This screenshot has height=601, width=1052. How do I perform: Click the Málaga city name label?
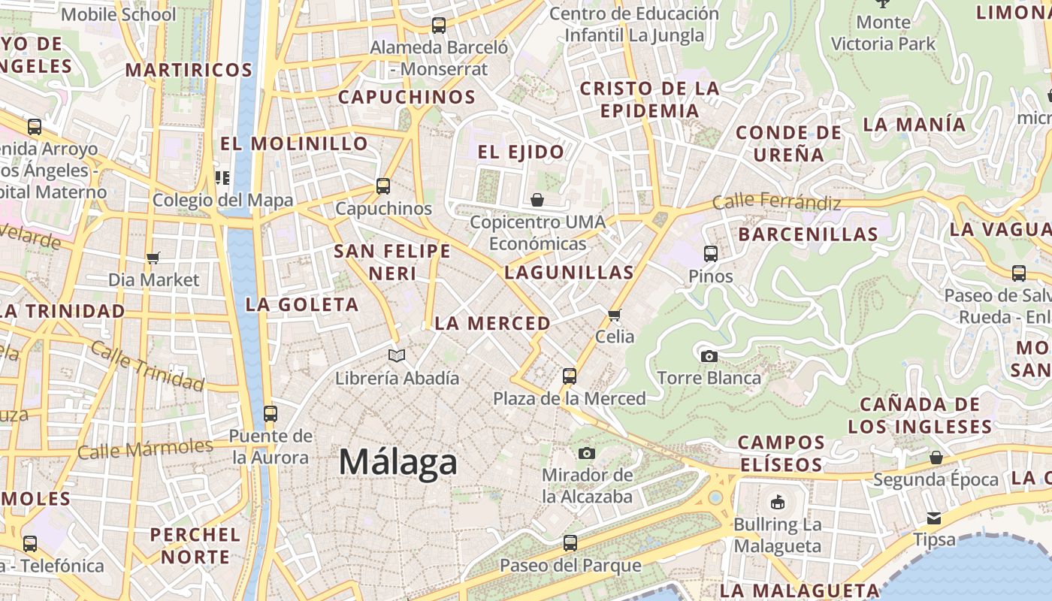(398, 461)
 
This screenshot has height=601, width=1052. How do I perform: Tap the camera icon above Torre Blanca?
(709, 356)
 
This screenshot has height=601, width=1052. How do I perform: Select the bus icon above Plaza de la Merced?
(570, 376)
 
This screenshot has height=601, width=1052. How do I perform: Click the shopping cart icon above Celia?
(615, 315)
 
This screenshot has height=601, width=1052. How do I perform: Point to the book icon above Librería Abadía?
(397, 355)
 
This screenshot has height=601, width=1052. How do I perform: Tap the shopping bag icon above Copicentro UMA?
(537, 200)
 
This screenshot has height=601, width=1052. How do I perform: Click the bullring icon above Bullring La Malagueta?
(777, 502)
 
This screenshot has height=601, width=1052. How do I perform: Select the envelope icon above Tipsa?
(934, 518)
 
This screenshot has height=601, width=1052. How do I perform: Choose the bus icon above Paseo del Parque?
(570, 542)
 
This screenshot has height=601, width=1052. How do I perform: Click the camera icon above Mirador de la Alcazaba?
(587, 453)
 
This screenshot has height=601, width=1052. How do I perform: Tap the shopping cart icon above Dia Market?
(153, 258)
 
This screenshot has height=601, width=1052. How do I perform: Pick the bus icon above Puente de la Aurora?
(271, 413)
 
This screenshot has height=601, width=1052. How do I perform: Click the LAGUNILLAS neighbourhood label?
(569, 272)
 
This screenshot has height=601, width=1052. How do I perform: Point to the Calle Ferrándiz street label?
(776, 201)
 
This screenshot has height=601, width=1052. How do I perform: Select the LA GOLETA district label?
(302, 304)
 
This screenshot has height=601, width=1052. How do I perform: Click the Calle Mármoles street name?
(145, 449)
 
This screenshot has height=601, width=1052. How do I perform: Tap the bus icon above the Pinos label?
(711, 254)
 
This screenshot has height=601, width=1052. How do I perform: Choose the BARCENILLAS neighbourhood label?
(808, 234)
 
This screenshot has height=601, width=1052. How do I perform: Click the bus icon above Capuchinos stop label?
(383, 186)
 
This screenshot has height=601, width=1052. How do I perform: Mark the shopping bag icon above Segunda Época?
(936, 458)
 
